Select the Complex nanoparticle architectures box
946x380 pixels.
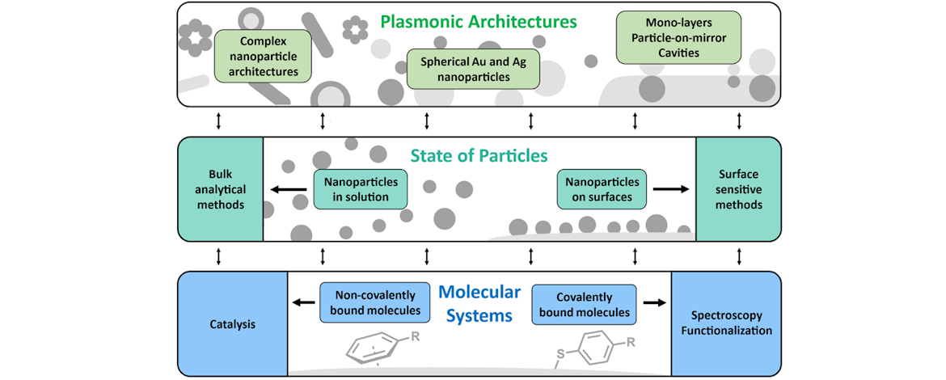[x=251, y=56]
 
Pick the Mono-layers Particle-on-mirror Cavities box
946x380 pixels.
[x=667, y=36]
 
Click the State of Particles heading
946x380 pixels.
[x=479, y=155]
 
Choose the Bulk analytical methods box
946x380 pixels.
[x=220, y=189]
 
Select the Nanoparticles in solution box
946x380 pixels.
[x=361, y=189]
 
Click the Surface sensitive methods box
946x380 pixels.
[x=738, y=189]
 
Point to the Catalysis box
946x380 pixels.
[x=232, y=323]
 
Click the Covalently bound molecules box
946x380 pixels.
[x=584, y=302]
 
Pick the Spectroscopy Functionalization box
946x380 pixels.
[x=726, y=323]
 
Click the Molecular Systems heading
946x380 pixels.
[x=480, y=303]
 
